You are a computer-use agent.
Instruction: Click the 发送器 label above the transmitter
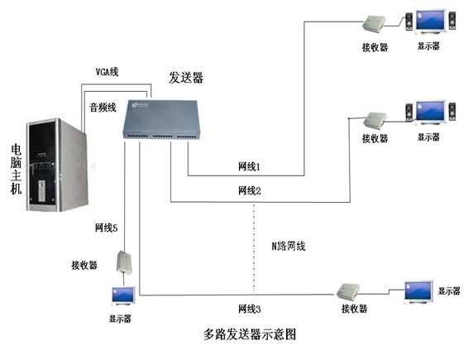click(186, 78)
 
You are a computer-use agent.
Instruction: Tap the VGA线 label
click(107, 72)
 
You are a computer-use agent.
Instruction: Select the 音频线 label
click(103, 108)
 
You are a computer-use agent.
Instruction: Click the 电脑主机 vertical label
click(16, 169)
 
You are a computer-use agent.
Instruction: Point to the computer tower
click(57, 165)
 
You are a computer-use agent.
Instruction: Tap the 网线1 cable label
click(249, 166)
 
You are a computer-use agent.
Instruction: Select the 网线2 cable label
click(249, 190)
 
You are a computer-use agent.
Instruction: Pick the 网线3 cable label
click(249, 309)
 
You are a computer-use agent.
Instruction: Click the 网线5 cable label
click(106, 228)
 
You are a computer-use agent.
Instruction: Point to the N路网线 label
click(289, 246)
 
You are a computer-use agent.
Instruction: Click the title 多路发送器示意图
click(250, 334)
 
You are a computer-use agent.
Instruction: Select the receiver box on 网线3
click(348, 291)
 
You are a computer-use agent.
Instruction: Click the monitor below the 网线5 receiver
click(123, 296)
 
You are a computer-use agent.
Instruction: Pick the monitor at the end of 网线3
click(418, 292)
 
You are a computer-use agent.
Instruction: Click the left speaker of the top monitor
click(409, 22)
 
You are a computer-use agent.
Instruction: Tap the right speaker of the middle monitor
click(451, 112)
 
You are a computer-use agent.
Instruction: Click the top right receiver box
click(375, 23)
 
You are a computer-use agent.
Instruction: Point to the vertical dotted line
click(254, 248)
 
